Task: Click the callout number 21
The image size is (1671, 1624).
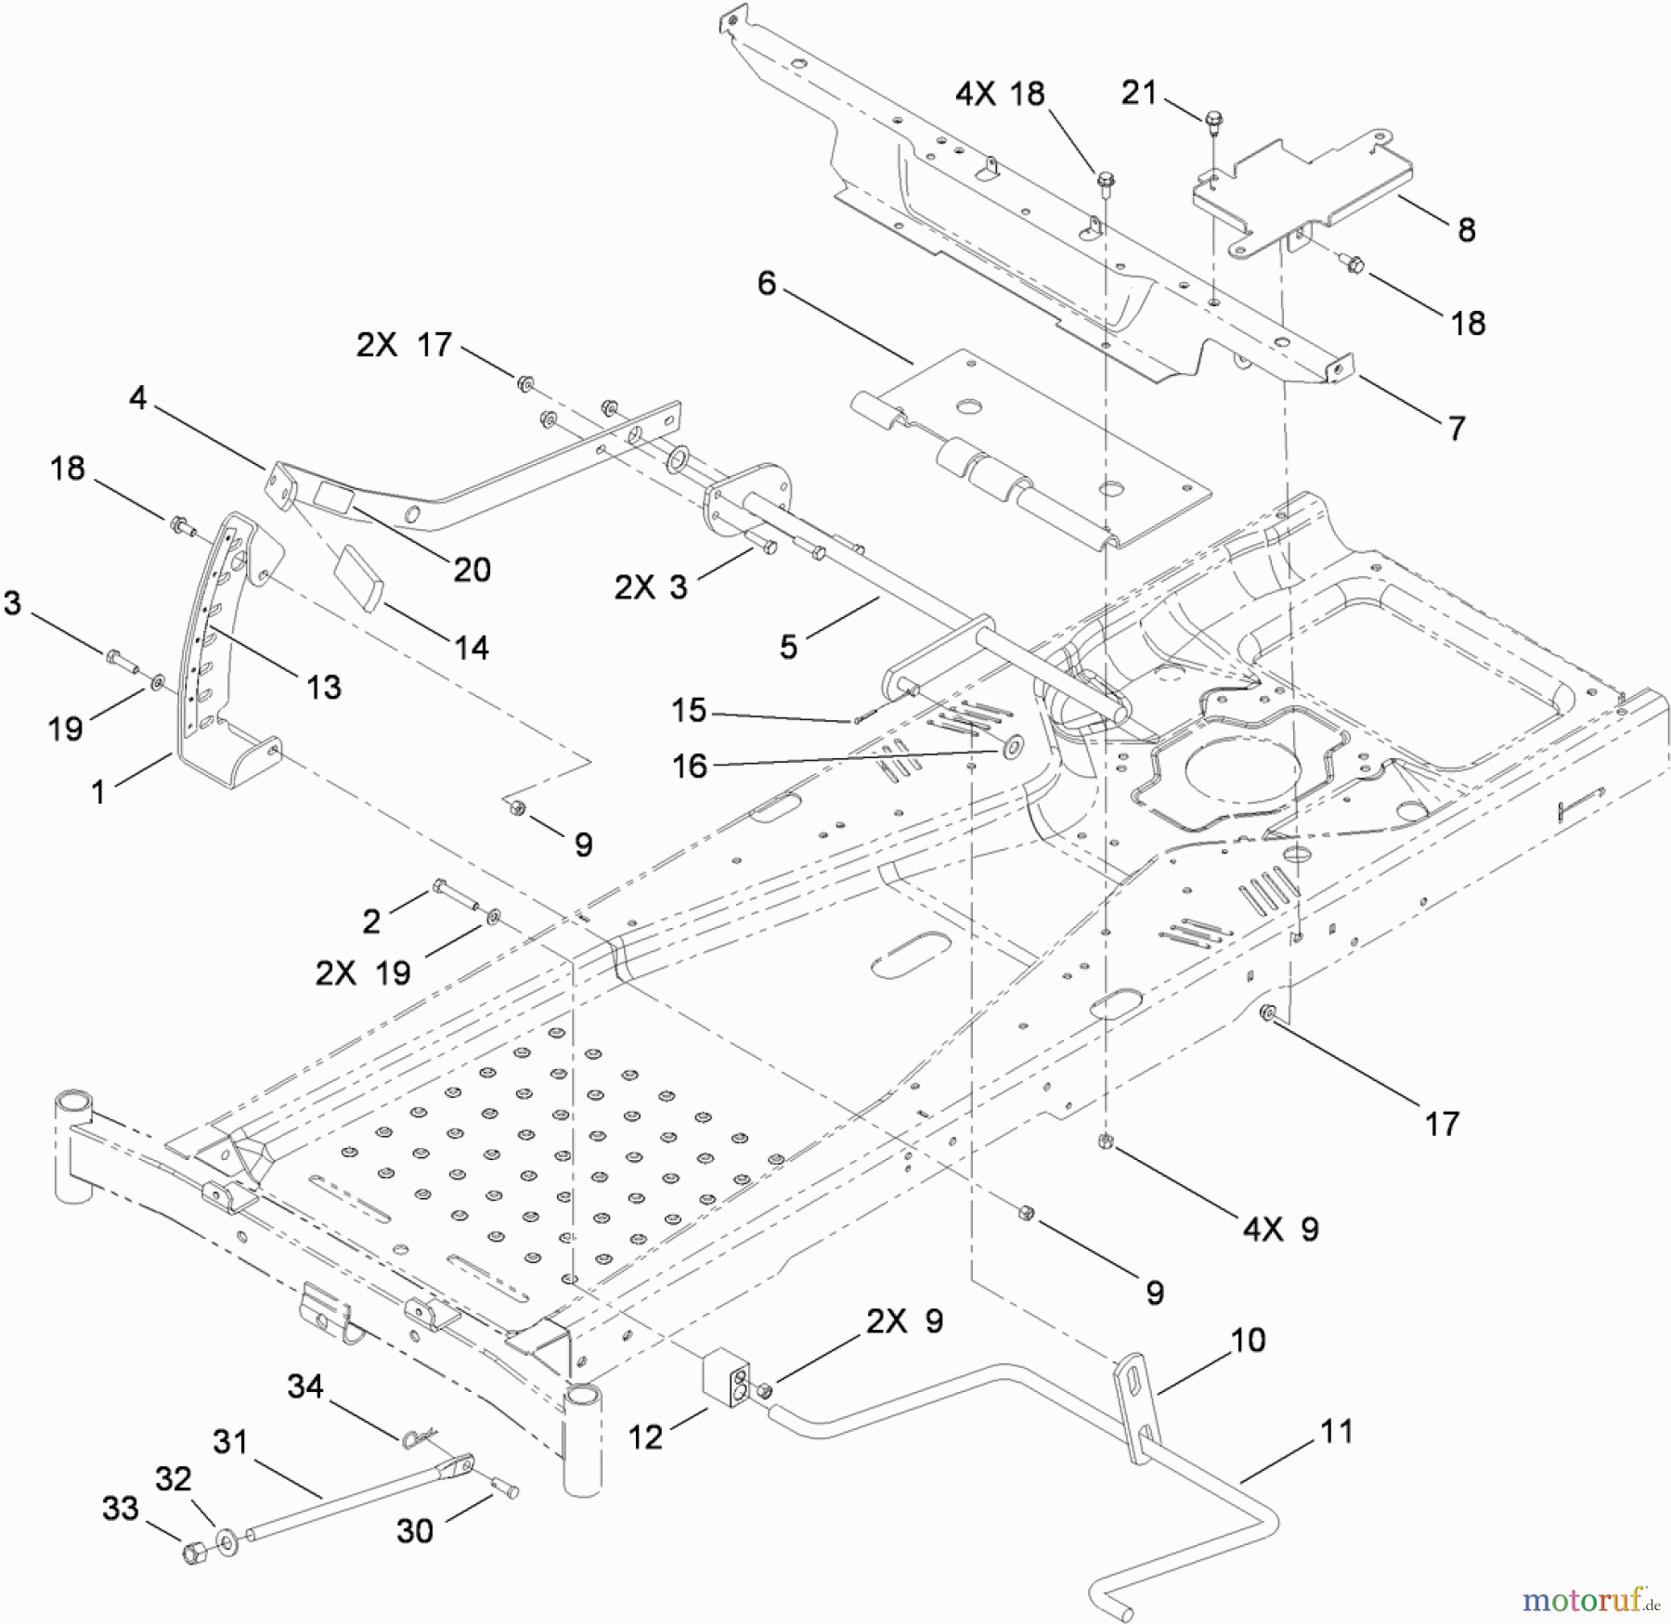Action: coord(1139,93)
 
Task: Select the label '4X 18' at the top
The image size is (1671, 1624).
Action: coord(1000,94)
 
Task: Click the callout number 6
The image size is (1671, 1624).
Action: coord(766,282)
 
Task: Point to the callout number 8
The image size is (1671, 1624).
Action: coord(1467,229)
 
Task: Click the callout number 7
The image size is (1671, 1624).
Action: coord(1457,428)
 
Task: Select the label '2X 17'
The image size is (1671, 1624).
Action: coord(404,345)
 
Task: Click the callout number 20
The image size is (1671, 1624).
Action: coord(472,569)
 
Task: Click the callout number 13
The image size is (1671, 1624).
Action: coord(323,687)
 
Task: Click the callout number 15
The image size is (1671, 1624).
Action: coord(688,711)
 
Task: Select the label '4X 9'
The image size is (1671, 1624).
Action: coord(1280,1230)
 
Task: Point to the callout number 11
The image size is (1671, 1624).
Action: coord(1336,1431)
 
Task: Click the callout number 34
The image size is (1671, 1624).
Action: coord(305,1386)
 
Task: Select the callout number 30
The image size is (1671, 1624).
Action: coord(414,1530)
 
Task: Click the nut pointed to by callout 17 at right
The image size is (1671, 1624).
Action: coord(1266,1012)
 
